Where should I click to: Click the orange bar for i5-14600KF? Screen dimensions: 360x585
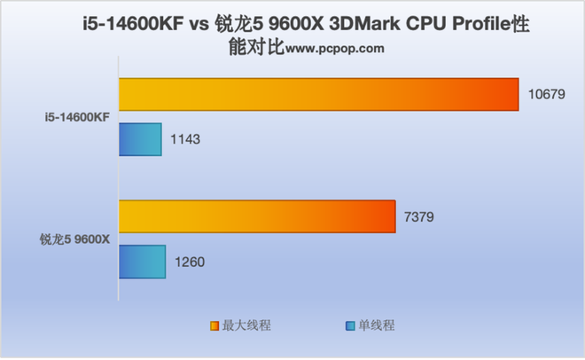click(x=318, y=95)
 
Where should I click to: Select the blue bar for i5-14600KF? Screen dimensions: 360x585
click(x=140, y=139)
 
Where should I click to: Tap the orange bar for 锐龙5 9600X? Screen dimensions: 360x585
click(x=257, y=217)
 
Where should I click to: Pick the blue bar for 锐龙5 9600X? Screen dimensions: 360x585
click(x=142, y=262)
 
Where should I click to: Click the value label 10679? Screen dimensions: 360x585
click(x=547, y=95)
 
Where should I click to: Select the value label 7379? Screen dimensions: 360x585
click(x=420, y=217)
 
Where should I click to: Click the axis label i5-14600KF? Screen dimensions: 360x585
click(x=80, y=117)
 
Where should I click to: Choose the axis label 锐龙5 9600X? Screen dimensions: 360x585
click(x=74, y=239)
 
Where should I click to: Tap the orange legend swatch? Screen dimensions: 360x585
click(x=214, y=325)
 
